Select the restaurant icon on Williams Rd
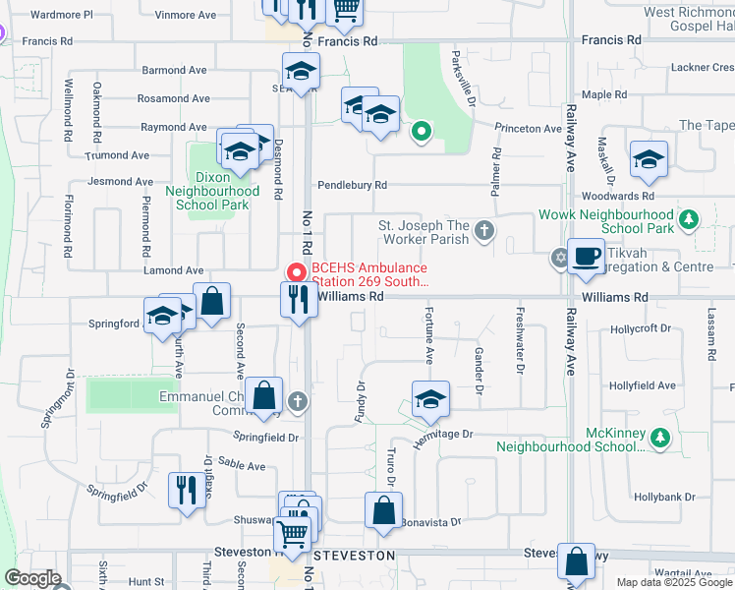299,299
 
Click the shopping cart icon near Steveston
292,535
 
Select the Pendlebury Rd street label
352,185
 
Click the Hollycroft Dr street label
642,328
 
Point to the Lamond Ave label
174,270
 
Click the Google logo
31,577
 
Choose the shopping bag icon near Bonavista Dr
383,511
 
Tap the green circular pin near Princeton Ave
422,131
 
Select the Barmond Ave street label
174,71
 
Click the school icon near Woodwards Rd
649,161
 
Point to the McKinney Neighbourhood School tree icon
661,436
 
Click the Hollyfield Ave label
642,386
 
